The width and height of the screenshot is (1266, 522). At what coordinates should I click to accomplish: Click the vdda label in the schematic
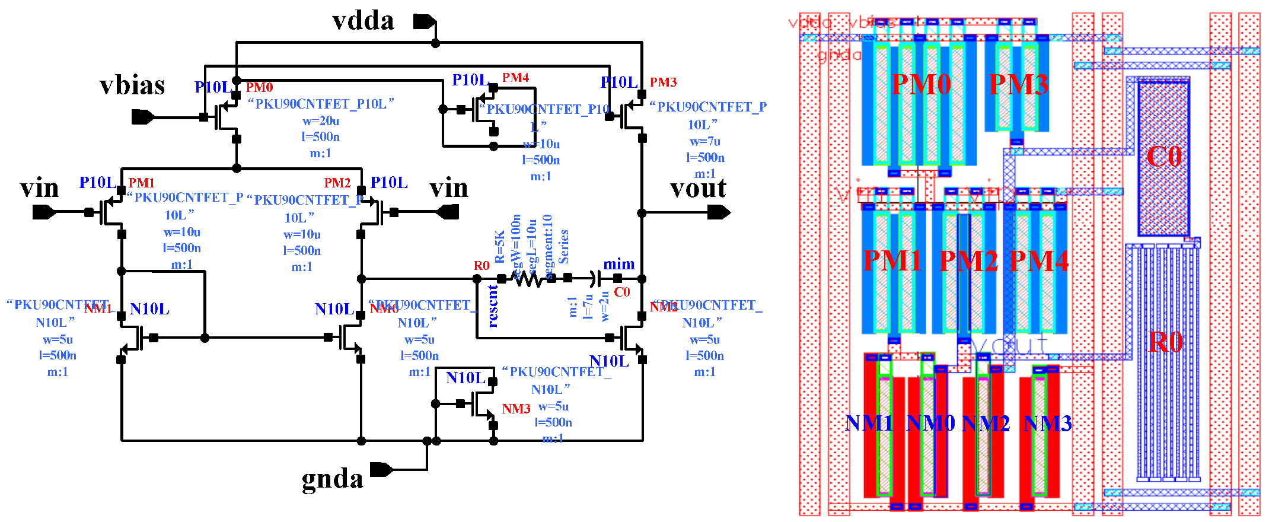click(363, 21)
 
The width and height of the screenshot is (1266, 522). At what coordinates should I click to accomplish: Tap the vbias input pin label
click(132, 86)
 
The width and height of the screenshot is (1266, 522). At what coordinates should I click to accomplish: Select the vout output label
click(698, 189)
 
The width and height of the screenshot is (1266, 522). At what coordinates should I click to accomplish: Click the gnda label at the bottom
click(332, 479)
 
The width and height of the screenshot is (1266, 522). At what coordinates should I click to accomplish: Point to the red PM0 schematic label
click(259, 88)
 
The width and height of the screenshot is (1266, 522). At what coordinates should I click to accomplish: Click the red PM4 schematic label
click(515, 78)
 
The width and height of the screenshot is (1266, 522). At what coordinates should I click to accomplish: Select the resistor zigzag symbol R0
click(528, 278)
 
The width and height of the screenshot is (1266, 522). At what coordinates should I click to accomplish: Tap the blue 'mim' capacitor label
click(618, 264)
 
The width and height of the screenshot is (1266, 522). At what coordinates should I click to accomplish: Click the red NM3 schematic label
click(516, 409)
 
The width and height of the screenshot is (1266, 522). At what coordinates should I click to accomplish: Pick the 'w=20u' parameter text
click(321, 120)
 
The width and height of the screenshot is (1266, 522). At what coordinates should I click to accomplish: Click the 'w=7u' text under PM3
click(704, 141)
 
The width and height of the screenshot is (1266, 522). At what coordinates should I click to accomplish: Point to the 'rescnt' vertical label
click(493, 306)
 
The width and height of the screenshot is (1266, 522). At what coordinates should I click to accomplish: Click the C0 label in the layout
click(1164, 157)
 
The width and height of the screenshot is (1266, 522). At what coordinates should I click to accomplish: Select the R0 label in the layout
click(1165, 342)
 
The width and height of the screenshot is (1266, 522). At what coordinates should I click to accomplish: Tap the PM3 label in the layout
click(1018, 85)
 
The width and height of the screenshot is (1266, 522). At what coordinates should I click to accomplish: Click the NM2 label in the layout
click(985, 424)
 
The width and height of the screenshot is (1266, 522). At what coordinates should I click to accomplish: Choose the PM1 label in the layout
click(892, 260)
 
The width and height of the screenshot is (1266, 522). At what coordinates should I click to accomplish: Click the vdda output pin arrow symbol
click(425, 22)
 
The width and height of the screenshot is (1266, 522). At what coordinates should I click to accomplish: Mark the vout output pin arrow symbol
click(718, 212)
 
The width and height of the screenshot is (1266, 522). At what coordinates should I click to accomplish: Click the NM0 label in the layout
click(930, 424)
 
